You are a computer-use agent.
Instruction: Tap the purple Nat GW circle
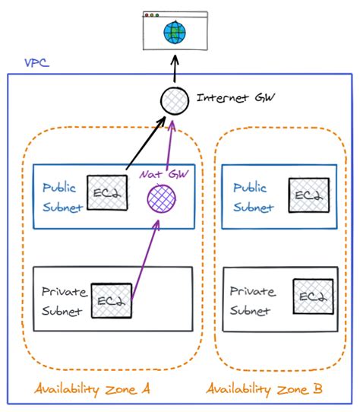(161, 200)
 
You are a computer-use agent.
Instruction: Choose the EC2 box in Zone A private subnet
(110, 300)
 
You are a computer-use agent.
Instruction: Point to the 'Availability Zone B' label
(264, 389)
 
